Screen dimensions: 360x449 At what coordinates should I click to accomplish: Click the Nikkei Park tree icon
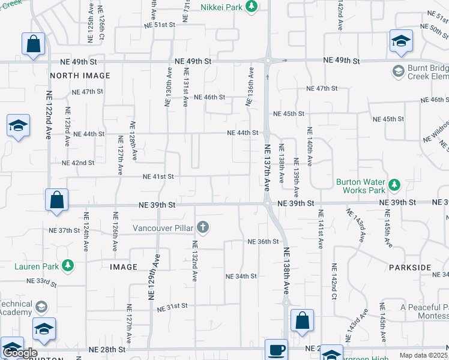pyautogui.click(x=252, y=6)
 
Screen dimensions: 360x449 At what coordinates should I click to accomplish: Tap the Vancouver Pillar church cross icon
pyautogui.click(x=203, y=227)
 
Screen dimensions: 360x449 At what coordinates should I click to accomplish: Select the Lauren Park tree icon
pyautogui.click(x=68, y=264)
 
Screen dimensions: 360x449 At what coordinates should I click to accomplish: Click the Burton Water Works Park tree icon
pyautogui.click(x=394, y=185)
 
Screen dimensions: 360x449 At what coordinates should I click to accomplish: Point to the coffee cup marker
pyautogui.click(x=276, y=349)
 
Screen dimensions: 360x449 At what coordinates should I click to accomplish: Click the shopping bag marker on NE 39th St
pyautogui.click(x=56, y=200)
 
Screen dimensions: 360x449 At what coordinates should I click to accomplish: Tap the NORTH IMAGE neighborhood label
pyautogui.click(x=80, y=76)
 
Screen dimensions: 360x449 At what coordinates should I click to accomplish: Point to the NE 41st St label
pyautogui.click(x=158, y=176)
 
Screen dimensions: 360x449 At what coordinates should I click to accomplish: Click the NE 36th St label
pyautogui.click(x=264, y=242)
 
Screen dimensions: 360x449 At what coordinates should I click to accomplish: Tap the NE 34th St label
pyautogui.click(x=241, y=276)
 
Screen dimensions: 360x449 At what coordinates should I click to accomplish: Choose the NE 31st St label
pyautogui.click(x=172, y=306)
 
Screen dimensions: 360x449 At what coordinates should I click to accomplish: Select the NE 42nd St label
pyautogui.click(x=78, y=163)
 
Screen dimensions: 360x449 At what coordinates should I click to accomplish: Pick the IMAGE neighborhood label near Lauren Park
pyautogui.click(x=124, y=266)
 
